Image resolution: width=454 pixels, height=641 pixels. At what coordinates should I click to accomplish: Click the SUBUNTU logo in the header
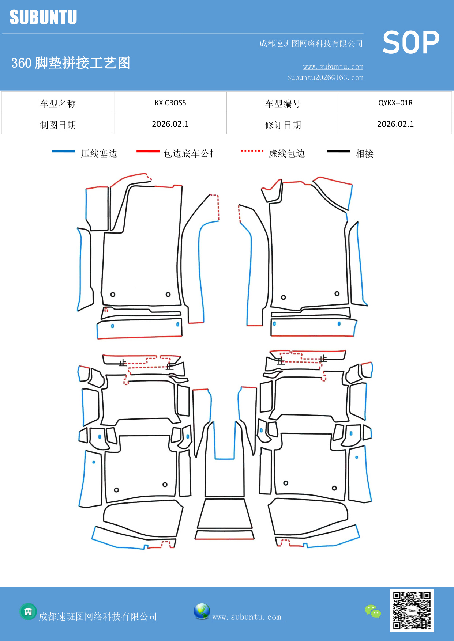pyautogui.click(x=43, y=17)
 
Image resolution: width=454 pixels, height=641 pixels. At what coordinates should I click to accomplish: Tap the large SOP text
pyautogui.click(x=411, y=42)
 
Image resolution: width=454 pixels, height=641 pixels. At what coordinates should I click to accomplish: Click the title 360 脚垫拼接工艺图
pyautogui.click(x=71, y=63)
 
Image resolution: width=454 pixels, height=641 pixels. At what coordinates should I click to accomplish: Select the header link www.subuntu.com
pyautogui.click(x=333, y=67)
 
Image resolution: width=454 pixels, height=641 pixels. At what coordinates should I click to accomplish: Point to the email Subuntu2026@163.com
pyautogui.click(x=325, y=77)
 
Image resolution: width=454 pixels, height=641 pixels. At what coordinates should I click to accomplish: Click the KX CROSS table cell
pyautogui.click(x=170, y=103)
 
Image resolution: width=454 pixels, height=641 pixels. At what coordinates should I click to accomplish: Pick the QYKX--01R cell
pyautogui.click(x=395, y=103)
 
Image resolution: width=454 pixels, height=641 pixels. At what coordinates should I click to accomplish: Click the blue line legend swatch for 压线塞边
pyautogui.click(x=64, y=151)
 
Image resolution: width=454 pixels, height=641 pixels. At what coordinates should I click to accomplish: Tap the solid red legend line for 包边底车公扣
pyautogui.click(x=148, y=151)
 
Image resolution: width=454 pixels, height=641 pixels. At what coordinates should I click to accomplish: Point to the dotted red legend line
pyautogui.click(x=252, y=151)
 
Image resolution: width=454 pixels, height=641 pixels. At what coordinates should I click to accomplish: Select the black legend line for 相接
pyautogui.click(x=338, y=151)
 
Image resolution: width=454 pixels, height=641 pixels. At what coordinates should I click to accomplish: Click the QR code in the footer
pyautogui.click(x=412, y=611)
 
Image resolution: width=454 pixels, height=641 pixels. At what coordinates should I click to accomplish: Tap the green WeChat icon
pyautogui.click(x=373, y=611)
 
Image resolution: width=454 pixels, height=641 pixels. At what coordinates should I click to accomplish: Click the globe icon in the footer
pyautogui.click(x=202, y=611)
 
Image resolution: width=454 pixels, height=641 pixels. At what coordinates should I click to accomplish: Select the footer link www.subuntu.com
pyautogui.click(x=248, y=617)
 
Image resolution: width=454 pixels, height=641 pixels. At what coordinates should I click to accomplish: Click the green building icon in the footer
pyautogui.click(x=28, y=611)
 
